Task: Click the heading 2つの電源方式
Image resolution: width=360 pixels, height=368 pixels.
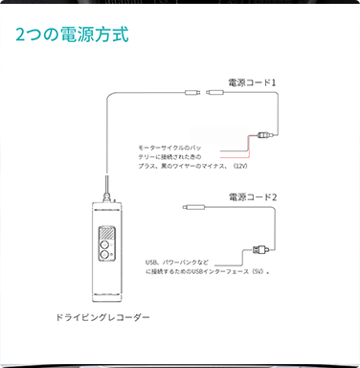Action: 72,34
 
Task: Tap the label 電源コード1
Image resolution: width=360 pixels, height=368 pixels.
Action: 252,82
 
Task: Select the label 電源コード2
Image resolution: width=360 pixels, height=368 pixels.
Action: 253,197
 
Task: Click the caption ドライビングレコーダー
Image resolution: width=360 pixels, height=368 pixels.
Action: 102,317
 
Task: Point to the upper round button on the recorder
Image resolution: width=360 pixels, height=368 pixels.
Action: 104,245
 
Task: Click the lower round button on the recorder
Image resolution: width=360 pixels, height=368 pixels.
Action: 104,255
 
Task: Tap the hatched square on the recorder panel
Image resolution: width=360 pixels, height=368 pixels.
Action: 106,233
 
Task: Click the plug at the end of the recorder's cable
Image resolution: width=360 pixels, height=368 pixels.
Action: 192,93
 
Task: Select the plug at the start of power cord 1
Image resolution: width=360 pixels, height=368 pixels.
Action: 214,92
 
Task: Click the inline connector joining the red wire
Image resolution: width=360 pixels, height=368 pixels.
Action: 264,135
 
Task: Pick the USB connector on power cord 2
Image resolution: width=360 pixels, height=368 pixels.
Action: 261,249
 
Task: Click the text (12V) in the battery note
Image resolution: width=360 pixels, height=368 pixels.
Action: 240,166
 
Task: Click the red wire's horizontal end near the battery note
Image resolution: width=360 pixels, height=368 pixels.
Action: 235,158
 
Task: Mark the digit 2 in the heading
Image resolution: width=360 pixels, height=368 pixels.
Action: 20,34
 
